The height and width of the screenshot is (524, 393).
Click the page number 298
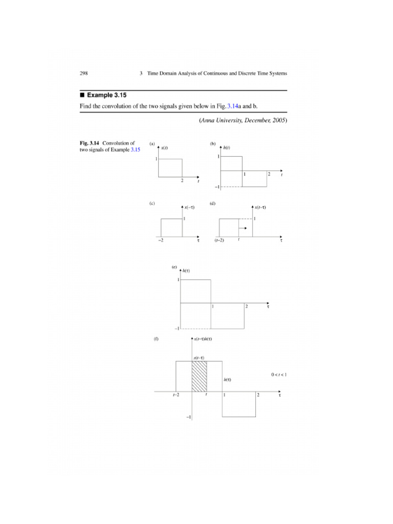coord(84,74)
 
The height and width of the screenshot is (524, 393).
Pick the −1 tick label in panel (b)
coord(217,187)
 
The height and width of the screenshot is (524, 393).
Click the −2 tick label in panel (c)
coord(160,240)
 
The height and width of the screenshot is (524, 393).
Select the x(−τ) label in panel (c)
coord(189,207)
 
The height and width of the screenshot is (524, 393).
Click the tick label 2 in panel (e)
coord(247,307)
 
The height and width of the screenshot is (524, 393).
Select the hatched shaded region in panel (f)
coord(199,377)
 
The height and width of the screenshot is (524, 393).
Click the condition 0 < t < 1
coord(279,375)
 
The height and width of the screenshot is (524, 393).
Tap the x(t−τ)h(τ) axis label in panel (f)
coord(206,339)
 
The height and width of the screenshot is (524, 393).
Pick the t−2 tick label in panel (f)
coord(176,396)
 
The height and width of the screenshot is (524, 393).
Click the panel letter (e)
coord(174,267)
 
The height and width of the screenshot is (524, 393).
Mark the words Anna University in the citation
coord(222,121)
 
